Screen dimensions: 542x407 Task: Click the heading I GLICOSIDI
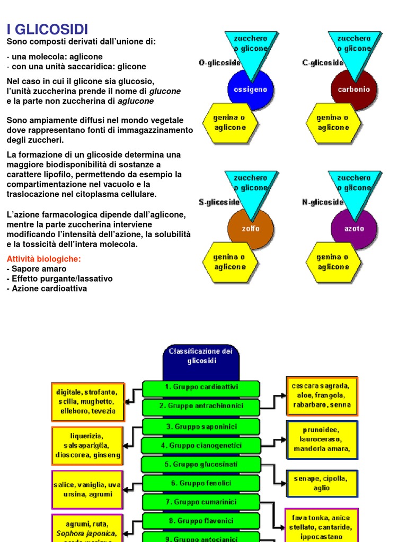[47, 29]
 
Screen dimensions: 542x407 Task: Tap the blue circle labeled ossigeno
[251, 89]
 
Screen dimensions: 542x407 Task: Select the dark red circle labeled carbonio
[354, 89]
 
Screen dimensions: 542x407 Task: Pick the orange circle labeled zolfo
[251, 229]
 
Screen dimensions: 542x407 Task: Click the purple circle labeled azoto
[354, 229]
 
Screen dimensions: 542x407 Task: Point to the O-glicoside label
[219, 62]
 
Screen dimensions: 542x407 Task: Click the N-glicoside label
[323, 202]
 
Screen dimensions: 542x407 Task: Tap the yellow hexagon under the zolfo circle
[229, 262]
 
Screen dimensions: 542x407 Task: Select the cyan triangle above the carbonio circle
[354, 45]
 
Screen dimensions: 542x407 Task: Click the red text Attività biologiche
[44, 259]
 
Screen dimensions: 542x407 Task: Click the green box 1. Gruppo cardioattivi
[201, 387]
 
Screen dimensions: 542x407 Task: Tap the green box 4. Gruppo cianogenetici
[201, 446]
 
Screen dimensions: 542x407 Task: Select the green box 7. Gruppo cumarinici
[201, 502]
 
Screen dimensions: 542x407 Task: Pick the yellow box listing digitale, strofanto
[88, 402]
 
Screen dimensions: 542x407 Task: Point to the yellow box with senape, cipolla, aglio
[322, 483]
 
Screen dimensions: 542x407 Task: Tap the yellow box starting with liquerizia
[87, 445]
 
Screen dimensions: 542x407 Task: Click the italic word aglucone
[136, 101]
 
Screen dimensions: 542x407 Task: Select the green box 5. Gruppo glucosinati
[201, 464]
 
